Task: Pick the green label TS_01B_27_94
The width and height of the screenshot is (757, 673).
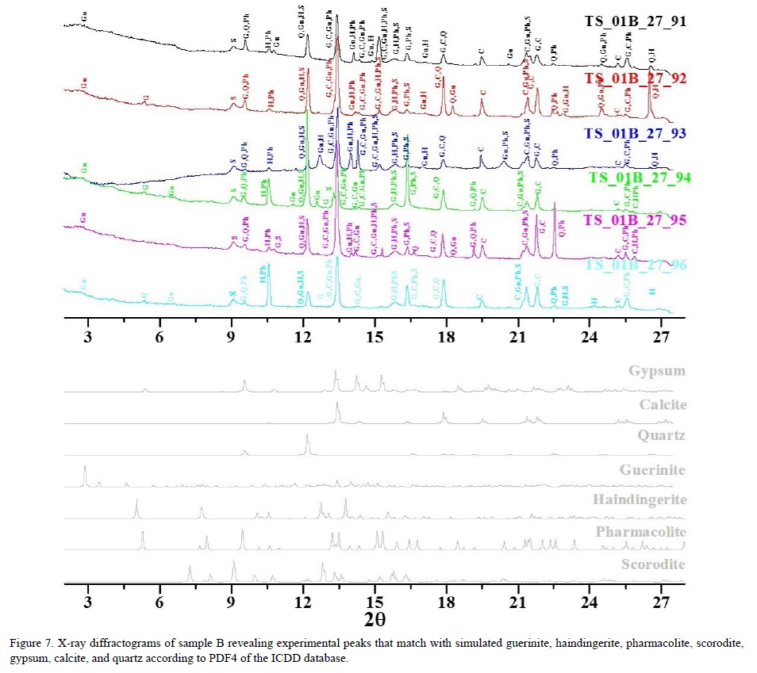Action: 640,177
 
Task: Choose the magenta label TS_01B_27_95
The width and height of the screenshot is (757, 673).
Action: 635,220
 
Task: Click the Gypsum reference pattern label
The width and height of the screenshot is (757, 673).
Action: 656,371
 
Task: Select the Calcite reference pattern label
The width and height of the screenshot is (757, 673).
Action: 659,404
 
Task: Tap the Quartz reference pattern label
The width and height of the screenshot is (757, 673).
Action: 661,435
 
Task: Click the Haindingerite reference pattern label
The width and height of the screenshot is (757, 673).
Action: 639,500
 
